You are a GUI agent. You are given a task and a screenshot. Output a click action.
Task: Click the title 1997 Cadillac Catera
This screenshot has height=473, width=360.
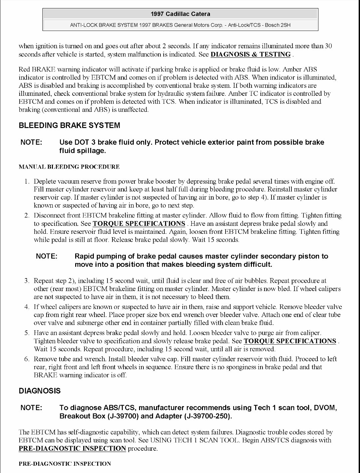[x=180, y=14]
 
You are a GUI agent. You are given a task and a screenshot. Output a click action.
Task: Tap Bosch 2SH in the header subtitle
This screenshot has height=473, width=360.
[x=277, y=25]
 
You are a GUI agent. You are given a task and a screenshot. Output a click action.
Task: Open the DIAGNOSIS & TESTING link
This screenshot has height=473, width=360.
[x=251, y=55]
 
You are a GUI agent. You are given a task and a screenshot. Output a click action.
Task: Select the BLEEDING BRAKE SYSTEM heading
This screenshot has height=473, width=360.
[x=69, y=125]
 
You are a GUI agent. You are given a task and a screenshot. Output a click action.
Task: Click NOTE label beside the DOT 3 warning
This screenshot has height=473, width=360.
[x=31, y=142]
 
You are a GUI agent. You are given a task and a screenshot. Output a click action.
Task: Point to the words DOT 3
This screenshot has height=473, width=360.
[x=81, y=142]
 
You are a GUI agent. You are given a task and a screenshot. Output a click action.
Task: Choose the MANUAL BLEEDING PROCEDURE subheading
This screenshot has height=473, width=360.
[x=69, y=167]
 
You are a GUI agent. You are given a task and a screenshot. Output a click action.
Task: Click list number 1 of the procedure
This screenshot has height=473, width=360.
[x=27, y=181]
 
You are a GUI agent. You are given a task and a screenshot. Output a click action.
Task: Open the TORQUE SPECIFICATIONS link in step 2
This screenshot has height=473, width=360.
[x=139, y=224]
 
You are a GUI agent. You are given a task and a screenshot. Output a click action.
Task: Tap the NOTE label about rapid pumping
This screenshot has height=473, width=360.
[x=47, y=256]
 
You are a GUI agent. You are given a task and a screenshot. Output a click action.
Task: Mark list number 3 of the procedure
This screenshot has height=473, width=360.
[x=27, y=281]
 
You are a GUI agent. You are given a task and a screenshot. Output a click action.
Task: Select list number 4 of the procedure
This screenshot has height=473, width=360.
[x=27, y=307]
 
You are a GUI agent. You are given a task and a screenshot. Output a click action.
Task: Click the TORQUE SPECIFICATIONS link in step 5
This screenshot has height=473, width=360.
[x=290, y=341]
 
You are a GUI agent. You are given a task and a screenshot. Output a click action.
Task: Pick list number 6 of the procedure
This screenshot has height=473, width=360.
[x=27, y=359]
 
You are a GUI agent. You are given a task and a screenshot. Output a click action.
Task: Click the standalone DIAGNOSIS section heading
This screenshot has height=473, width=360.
[x=40, y=391]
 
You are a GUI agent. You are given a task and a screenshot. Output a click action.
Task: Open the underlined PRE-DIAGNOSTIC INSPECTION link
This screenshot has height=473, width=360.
[x=72, y=448]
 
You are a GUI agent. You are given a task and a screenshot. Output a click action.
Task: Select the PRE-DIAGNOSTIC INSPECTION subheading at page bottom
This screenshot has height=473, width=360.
[x=65, y=464]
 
